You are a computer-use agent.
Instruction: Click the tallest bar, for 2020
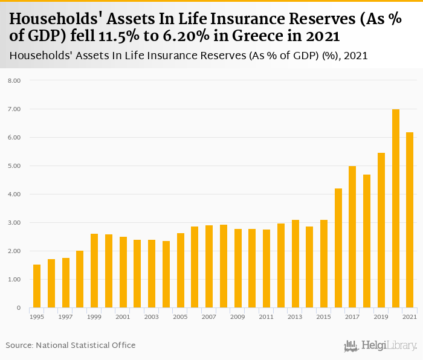[395, 208]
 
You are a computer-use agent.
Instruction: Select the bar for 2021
[410, 220]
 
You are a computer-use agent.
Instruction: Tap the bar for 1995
[37, 286]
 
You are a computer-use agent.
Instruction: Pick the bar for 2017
[352, 237]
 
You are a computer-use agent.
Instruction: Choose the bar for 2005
[181, 271]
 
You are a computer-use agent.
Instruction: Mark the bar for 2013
[295, 264]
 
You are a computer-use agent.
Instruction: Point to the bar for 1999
[94, 271]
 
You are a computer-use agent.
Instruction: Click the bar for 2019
[381, 230]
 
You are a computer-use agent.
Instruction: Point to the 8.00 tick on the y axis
[14, 80]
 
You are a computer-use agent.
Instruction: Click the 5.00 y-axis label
[14, 166]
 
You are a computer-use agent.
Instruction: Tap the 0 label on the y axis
[18, 307]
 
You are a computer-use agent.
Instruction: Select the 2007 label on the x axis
[209, 317]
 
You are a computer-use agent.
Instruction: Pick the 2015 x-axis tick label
[323, 317]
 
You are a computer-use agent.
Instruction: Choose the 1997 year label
[65, 317]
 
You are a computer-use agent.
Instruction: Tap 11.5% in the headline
[118, 36]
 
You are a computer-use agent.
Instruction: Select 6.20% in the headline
[186, 36]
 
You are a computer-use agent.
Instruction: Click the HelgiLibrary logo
[380, 346]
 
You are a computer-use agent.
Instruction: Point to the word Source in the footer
[19, 345]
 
